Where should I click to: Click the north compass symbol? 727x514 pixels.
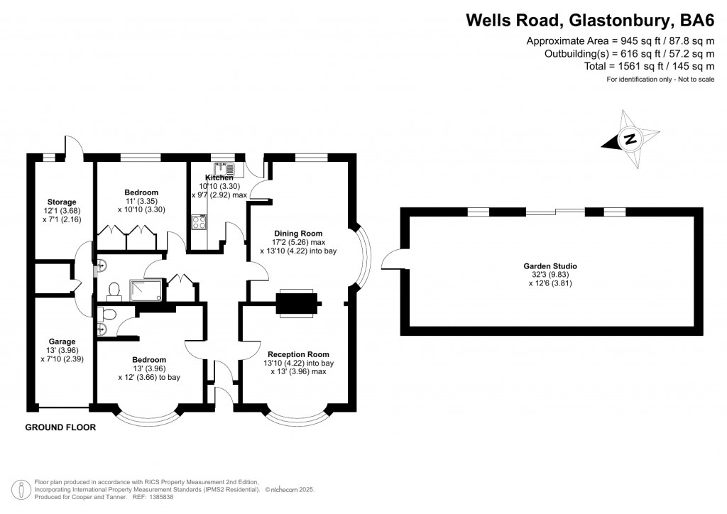[629, 139]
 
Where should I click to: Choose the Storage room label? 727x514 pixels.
[62, 202]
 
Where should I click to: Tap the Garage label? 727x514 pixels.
[62, 340]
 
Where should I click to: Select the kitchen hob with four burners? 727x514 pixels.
[198, 223]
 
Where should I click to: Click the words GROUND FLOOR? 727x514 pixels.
[60, 427]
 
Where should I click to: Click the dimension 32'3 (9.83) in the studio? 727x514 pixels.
[547, 275]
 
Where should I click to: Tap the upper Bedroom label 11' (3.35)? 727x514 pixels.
[141, 201]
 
